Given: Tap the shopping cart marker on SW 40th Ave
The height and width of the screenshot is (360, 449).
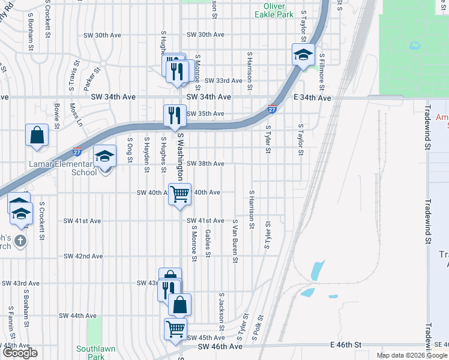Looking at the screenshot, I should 179,194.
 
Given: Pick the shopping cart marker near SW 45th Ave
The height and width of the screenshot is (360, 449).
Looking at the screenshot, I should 175,329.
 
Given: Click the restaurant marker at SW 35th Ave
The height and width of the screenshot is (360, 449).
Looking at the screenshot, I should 175,115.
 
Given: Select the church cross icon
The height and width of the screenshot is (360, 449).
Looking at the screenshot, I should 20,241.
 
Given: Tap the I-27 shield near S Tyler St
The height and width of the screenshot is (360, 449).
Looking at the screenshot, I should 271,109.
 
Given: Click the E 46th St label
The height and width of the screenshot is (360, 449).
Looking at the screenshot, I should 347,346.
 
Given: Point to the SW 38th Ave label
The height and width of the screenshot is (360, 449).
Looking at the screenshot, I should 205,163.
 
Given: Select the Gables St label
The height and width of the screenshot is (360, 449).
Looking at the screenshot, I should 208,243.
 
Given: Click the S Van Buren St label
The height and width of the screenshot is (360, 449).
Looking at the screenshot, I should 235,241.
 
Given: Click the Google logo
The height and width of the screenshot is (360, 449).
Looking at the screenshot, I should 20,353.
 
